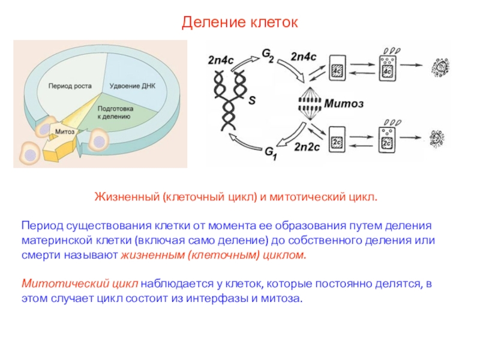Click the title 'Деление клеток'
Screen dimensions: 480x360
tap(239, 22)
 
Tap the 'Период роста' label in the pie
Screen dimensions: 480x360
tap(70, 86)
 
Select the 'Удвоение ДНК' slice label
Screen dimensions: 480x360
tap(133, 86)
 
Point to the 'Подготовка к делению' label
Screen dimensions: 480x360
tap(115, 112)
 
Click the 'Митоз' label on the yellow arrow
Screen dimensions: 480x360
tap(65, 131)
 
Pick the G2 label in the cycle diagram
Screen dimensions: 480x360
tap(268, 55)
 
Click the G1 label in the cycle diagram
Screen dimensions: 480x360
tap(271, 153)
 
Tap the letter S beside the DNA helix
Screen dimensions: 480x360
tap(252, 100)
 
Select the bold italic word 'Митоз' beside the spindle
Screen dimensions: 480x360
tap(344, 103)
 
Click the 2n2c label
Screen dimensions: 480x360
tap(307, 147)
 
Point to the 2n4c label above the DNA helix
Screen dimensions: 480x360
tap(220, 60)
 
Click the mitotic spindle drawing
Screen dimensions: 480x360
tap(310, 104)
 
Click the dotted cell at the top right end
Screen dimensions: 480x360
tap(440, 68)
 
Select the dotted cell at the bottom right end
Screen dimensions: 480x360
tap(437, 139)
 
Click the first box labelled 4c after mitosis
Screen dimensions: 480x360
tap(337, 68)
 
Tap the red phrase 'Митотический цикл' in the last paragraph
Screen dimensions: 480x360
tap(80, 284)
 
